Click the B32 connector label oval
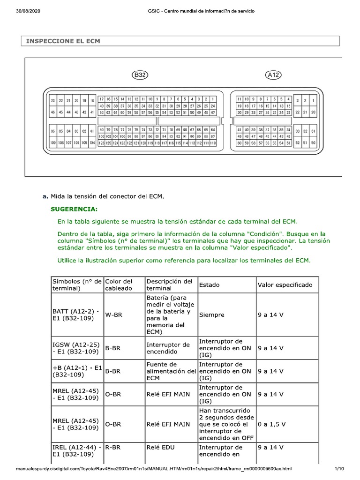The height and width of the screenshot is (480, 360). pyautogui.click(x=140, y=75)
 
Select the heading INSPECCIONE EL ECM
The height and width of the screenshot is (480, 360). pyautogui.click(x=63, y=41)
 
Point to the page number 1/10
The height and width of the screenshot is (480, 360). pyautogui.click(x=339, y=469)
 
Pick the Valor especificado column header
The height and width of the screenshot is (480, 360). pyautogui.click(x=285, y=285)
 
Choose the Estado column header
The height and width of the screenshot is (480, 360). pyautogui.click(x=209, y=285)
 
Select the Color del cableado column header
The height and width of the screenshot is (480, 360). pyautogui.click(x=120, y=285)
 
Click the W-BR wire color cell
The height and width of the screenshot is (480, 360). pyautogui.click(x=113, y=315)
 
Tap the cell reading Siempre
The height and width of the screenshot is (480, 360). pyautogui.click(x=211, y=315)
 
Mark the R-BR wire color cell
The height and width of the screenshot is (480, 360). pyautogui.click(x=113, y=448)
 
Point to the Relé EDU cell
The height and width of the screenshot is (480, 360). pyautogui.click(x=161, y=448)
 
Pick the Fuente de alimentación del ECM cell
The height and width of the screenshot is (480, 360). pyautogui.click(x=171, y=371)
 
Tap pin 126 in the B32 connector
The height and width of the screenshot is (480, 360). pyautogui.click(x=101, y=143)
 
